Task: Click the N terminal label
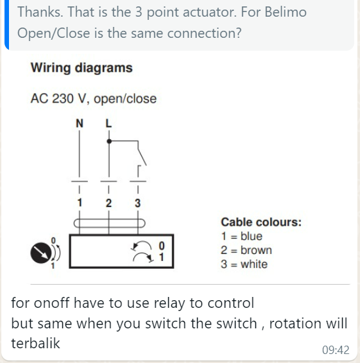click(80, 123)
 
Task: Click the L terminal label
click(108, 123)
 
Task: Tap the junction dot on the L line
click(109, 141)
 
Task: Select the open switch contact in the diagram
click(142, 153)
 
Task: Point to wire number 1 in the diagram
click(80, 203)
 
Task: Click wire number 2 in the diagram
click(108, 203)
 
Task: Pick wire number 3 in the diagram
click(138, 203)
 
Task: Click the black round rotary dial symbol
click(41, 253)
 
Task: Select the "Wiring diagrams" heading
click(81, 68)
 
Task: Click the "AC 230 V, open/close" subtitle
click(94, 99)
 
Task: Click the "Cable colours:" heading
click(261, 223)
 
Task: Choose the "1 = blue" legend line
click(242, 237)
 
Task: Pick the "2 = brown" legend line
click(246, 250)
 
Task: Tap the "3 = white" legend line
click(244, 264)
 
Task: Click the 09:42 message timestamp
click(336, 350)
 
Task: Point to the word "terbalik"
click(35, 343)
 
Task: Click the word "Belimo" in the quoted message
click(286, 12)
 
